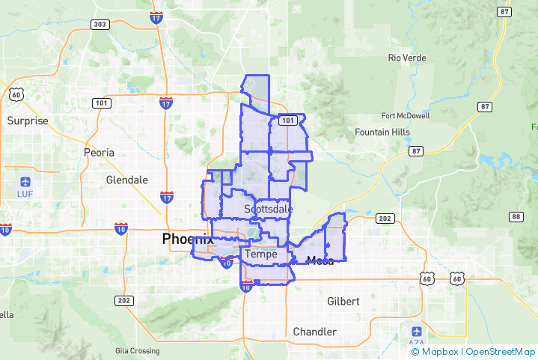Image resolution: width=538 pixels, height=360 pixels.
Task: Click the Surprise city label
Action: click(x=28, y=120)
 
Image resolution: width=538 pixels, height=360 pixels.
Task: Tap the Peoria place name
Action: click(x=99, y=152)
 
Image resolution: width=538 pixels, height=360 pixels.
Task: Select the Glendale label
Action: click(x=127, y=180)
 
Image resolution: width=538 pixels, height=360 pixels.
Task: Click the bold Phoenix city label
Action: click(x=187, y=240)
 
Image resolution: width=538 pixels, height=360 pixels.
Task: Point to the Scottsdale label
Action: click(x=267, y=209)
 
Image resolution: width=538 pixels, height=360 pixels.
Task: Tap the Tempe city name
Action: click(x=261, y=254)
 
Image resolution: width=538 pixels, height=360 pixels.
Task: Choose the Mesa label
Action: click(x=320, y=260)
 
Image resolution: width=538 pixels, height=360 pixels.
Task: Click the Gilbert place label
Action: click(x=343, y=301)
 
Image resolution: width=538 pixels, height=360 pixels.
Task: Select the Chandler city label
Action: click(x=314, y=332)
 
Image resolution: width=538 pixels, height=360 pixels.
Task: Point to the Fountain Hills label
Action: click(x=382, y=132)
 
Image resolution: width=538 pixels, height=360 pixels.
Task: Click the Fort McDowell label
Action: click(x=406, y=116)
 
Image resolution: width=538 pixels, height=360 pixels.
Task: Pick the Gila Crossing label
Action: click(x=137, y=351)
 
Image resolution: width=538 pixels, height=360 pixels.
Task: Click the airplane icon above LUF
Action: click(x=25, y=182)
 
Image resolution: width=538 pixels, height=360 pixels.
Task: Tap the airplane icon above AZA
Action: click(x=417, y=330)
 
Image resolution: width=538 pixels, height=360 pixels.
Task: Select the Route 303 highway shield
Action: click(x=100, y=25)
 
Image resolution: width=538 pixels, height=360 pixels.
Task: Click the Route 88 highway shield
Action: click(x=516, y=217)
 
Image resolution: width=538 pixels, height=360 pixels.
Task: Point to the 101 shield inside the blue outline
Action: click(x=287, y=120)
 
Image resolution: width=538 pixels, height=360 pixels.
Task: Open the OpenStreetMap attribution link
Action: click(x=500, y=351)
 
